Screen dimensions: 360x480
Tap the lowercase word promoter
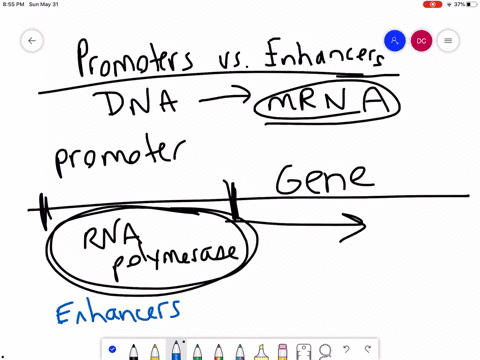pyautogui.click(x=118, y=157)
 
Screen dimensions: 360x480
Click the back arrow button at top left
pyautogui.click(x=32, y=41)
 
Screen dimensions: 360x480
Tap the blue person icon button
pyautogui.click(x=395, y=41)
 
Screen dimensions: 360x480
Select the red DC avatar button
pyautogui.click(x=422, y=41)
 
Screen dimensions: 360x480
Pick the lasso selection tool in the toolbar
pyautogui.click(x=325, y=351)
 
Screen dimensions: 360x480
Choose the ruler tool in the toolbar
pyautogui.click(x=303, y=351)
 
